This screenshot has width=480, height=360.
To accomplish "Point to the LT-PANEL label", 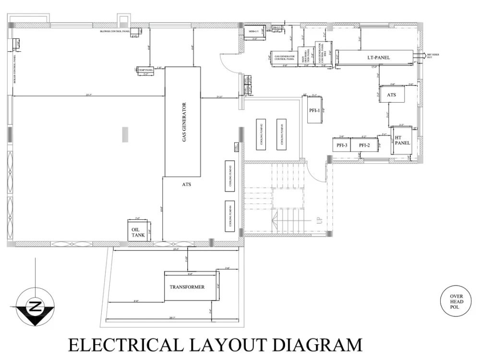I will click(x=379, y=58).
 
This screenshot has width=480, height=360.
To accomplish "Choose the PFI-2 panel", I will click(x=364, y=145).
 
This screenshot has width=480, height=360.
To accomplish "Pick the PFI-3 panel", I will click(x=342, y=145).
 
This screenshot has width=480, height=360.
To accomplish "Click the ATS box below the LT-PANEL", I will click(x=392, y=95).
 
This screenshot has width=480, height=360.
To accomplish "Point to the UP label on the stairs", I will click(x=318, y=221).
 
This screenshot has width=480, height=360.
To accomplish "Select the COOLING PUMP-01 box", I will click(x=281, y=133).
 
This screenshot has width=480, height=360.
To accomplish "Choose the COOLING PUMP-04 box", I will click(x=230, y=215).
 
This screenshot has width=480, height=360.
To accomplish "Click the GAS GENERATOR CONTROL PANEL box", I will click(x=284, y=58).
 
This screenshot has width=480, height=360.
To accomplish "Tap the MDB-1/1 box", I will click(x=253, y=31).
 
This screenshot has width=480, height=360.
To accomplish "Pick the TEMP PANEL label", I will click(x=145, y=70).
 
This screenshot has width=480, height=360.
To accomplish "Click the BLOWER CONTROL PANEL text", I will click(x=115, y=32).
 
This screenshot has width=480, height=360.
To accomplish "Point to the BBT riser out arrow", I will click(x=422, y=55).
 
